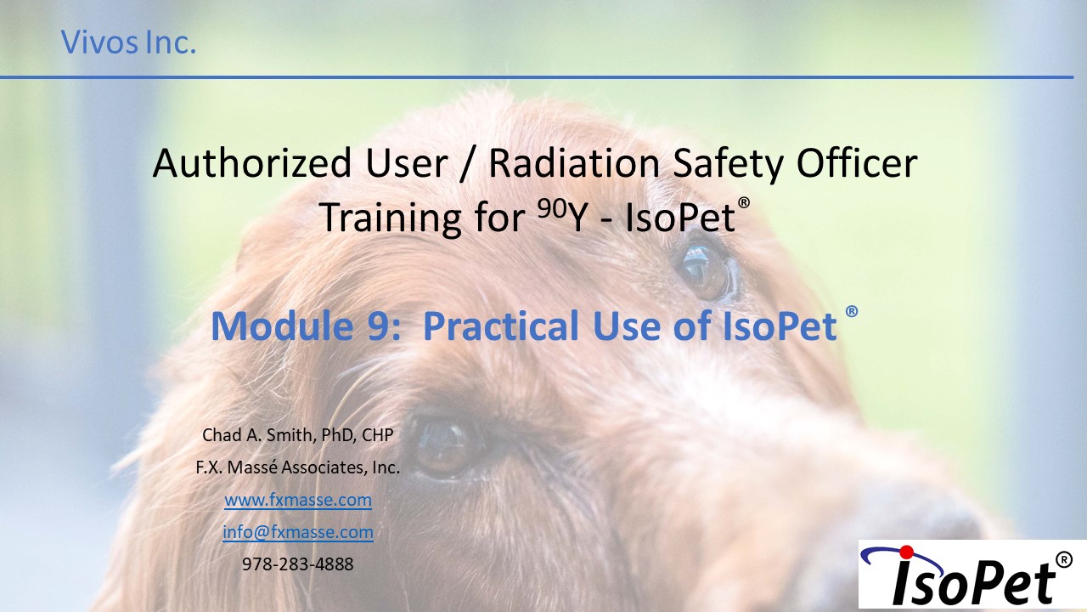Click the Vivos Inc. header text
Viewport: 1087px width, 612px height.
(x=128, y=42)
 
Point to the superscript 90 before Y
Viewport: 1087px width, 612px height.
(x=553, y=208)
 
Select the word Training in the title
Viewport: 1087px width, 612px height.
(x=390, y=217)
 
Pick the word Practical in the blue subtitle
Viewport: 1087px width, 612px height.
(x=501, y=325)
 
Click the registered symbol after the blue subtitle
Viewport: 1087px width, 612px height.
(x=852, y=311)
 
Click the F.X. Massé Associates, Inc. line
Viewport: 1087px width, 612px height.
(x=298, y=467)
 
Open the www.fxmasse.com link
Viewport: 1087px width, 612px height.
(x=298, y=500)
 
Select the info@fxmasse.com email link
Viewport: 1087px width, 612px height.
(x=298, y=532)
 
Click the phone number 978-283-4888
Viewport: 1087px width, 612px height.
(x=298, y=564)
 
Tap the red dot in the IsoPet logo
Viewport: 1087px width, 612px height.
(x=906, y=552)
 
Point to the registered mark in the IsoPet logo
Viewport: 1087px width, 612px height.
(x=1064, y=559)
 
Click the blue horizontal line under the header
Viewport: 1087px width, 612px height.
(x=537, y=76)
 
